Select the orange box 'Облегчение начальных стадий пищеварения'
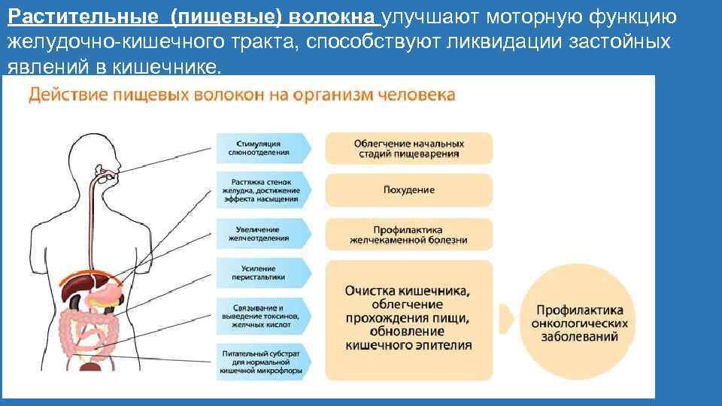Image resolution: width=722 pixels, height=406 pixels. (409, 148)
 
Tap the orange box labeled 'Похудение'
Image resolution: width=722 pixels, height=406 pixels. (409, 190)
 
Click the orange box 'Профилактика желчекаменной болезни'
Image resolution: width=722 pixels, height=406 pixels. (409, 234)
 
